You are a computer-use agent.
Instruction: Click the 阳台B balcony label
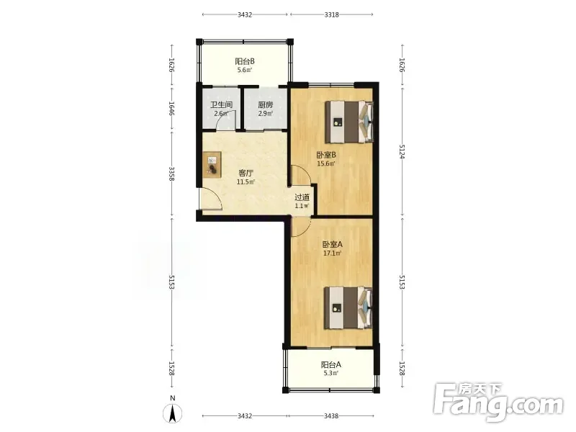[x=245, y=61]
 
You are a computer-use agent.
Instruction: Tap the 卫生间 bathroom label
[x=221, y=104]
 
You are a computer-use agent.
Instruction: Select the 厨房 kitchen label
[x=265, y=104]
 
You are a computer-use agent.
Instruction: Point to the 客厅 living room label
[x=246, y=173]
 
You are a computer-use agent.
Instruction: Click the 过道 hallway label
[x=302, y=197]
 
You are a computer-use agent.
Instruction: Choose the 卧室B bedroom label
[x=326, y=155]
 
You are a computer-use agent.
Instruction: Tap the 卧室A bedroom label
[x=333, y=244]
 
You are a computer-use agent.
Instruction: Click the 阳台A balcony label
[x=331, y=365]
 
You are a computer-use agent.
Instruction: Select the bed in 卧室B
[x=349, y=122]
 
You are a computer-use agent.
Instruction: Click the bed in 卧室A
[x=348, y=308]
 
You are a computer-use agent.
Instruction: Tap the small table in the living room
[x=212, y=165]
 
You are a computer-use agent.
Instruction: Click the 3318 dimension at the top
[x=332, y=14]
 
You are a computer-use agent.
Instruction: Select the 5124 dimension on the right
[x=402, y=151]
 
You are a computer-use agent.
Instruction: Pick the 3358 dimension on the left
[x=171, y=174]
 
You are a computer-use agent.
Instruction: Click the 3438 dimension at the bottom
[x=331, y=416]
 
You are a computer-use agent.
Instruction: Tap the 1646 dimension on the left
[x=171, y=109]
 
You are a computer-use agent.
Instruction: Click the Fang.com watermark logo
[x=498, y=402]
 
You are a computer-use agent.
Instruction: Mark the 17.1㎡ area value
[x=333, y=253]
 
